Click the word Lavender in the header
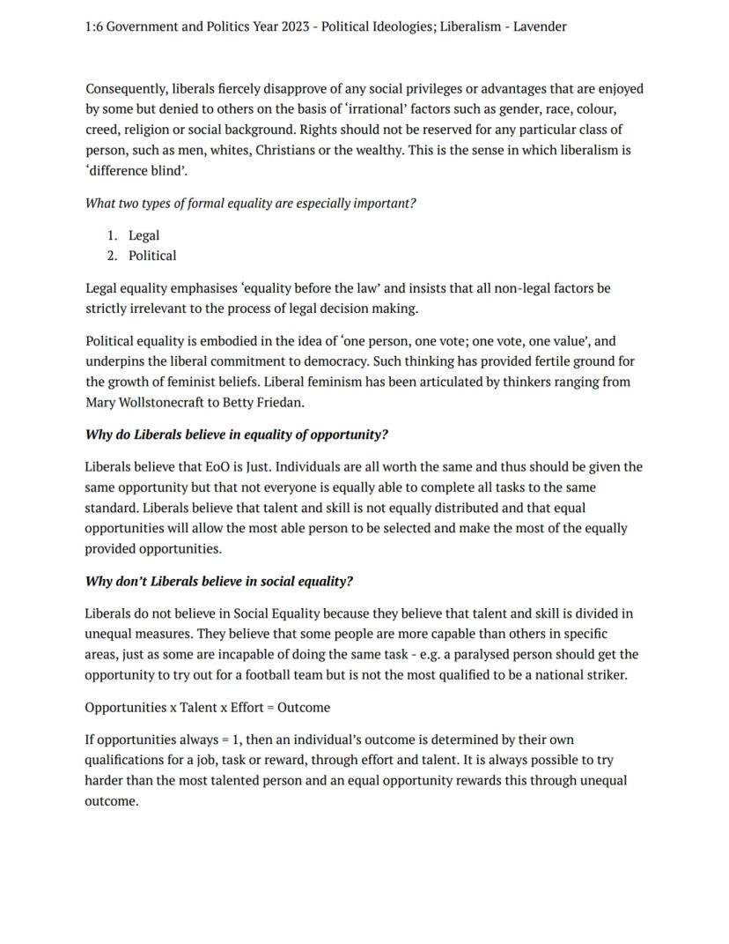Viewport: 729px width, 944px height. (540, 26)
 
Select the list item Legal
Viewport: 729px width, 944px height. (144, 235)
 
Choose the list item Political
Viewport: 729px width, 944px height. (152, 256)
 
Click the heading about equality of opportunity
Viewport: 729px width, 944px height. (236, 435)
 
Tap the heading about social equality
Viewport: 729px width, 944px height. (218, 582)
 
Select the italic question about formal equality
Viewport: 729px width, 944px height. (250, 204)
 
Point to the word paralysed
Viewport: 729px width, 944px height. (481, 655)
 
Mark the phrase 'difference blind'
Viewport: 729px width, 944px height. (136, 171)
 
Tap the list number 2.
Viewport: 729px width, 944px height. (112, 256)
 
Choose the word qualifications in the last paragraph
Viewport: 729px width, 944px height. (124, 760)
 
